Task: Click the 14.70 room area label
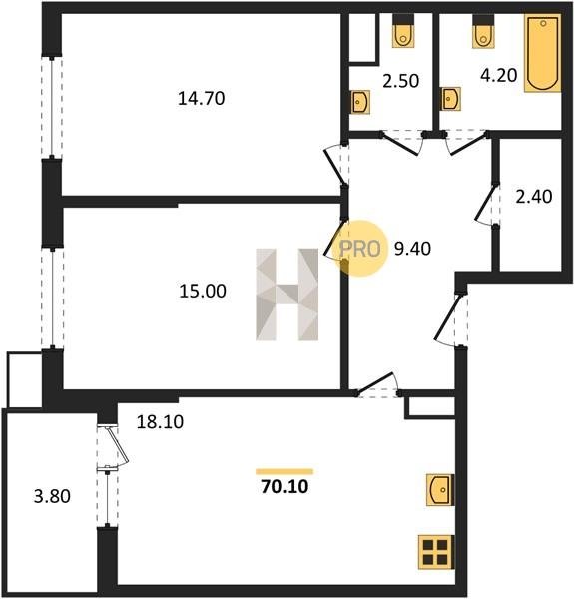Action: point(202,98)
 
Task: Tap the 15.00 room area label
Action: point(203,291)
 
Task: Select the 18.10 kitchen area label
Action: point(160,421)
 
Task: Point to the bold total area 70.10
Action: point(285,487)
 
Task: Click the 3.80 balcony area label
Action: point(52,496)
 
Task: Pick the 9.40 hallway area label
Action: point(413,249)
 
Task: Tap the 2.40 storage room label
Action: point(534,197)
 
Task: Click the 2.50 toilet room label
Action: point(401,81)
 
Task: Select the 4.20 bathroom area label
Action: point(499,75)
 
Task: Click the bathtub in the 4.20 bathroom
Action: point(543,53)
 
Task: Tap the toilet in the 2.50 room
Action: point(403,31)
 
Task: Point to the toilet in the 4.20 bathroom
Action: point(483,31)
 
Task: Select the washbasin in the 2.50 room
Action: point(360,102)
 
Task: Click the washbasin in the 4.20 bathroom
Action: point(451,99)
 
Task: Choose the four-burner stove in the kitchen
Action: point(436,552)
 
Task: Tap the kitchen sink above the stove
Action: point(440,490)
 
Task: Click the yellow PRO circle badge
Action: point(360,249)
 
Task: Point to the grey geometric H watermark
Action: point(287,295)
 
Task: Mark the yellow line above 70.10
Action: point(285,471)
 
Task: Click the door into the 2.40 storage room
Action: point(485,204)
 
